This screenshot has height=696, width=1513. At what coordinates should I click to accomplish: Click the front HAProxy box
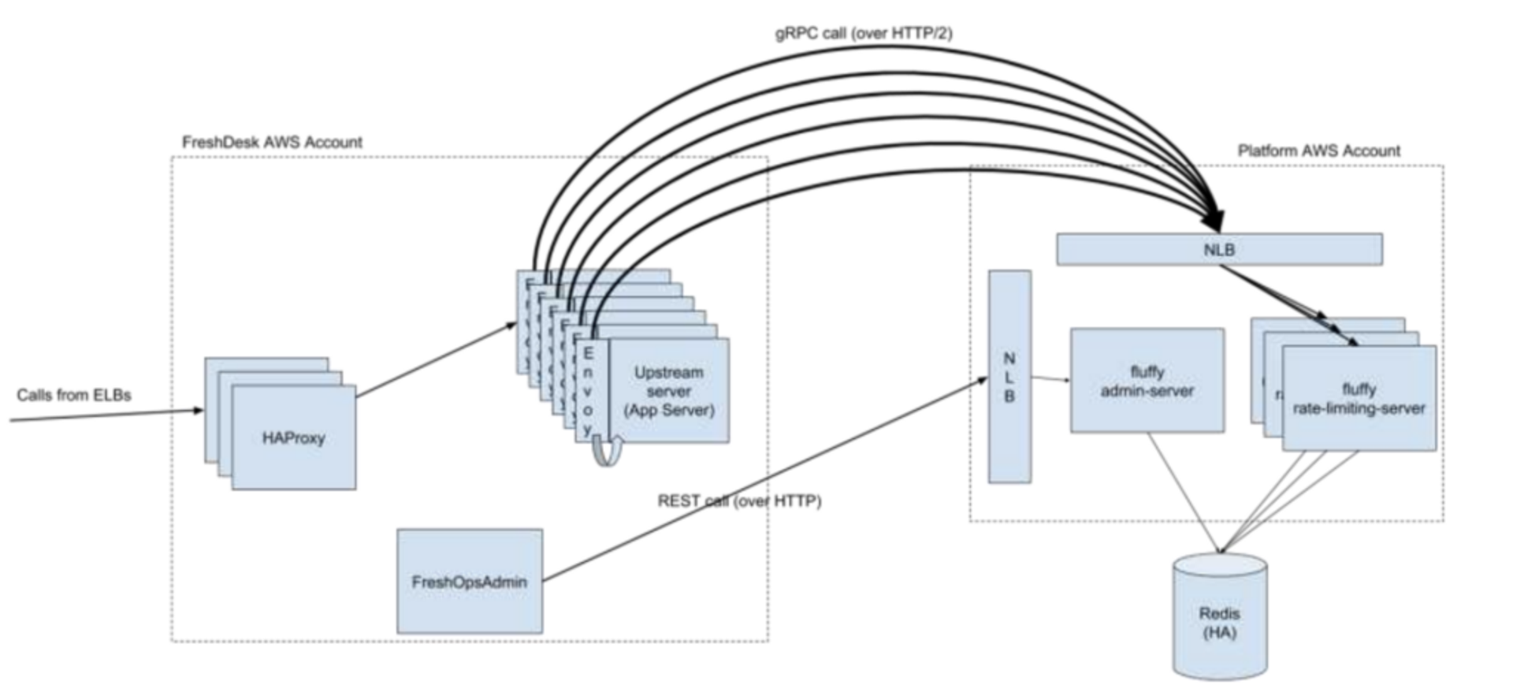[293, 438]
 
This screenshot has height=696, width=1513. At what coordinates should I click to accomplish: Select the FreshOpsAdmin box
[470, 582]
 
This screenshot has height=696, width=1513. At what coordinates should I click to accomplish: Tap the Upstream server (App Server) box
[669, 391]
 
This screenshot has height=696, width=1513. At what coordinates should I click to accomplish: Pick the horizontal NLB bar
[1218, 250]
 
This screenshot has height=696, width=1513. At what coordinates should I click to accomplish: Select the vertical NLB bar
[1009, 377]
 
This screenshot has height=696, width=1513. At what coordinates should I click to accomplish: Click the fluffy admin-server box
[1147, 381]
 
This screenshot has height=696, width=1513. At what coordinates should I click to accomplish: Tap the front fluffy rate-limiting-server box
[1359, 399]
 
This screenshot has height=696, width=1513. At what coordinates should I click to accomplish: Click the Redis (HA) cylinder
[1219, 623]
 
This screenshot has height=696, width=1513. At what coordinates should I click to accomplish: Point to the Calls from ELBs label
[74, 395]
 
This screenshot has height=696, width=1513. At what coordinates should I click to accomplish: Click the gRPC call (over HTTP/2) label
[864, 33]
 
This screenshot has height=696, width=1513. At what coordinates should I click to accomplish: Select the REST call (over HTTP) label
[739, 501]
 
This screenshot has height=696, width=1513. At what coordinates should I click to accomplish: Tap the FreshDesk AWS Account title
[272, 142]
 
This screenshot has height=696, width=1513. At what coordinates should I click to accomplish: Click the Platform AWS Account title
[1318, 151]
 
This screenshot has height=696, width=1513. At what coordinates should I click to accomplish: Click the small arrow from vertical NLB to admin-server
[1050, 379]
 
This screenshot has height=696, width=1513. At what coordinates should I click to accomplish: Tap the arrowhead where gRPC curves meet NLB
[1215, 219]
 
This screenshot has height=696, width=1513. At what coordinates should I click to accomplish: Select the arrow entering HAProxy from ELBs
[106, 415]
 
